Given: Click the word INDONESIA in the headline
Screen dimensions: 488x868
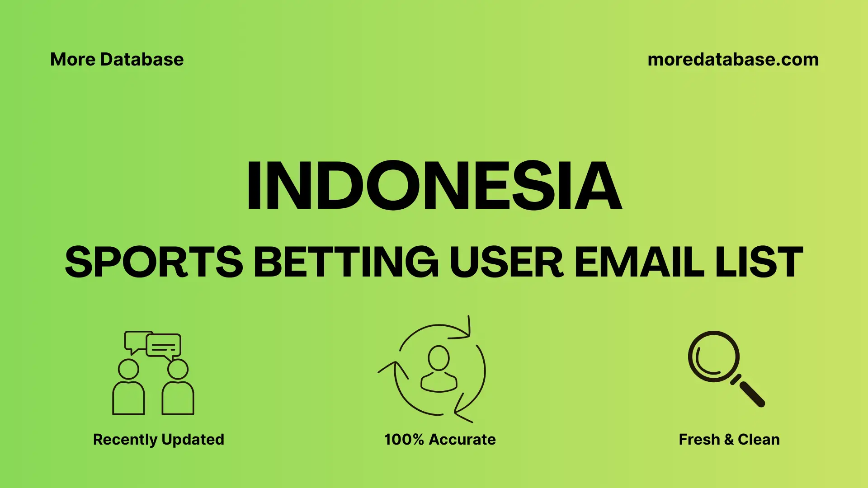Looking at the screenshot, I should (434, 186).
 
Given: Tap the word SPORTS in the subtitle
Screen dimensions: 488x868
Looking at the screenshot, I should (154, 262).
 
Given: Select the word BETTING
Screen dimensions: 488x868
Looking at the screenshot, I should (346, 262).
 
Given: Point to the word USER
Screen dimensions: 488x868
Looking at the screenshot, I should (506, 262).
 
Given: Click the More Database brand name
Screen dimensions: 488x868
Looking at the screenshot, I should (117, 60).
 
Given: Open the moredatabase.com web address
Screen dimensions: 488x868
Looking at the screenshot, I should (733, 60).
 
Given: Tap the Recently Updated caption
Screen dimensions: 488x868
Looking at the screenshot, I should (158, 439).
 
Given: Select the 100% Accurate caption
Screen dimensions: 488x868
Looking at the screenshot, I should (440, 439).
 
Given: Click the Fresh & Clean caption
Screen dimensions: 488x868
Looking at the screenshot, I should (729, 439).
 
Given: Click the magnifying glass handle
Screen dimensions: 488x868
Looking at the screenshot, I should (751, 394).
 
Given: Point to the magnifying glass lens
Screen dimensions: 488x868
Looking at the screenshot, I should (713, 357).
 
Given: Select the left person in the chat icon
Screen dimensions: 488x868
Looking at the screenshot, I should (128, 389).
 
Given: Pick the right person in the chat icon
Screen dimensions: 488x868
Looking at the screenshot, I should (178, 389).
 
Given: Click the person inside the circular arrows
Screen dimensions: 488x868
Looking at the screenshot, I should (439, 368).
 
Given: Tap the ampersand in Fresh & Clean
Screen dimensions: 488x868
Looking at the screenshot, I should (728, 439).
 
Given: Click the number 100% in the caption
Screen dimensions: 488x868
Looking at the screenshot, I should (404, 439).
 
